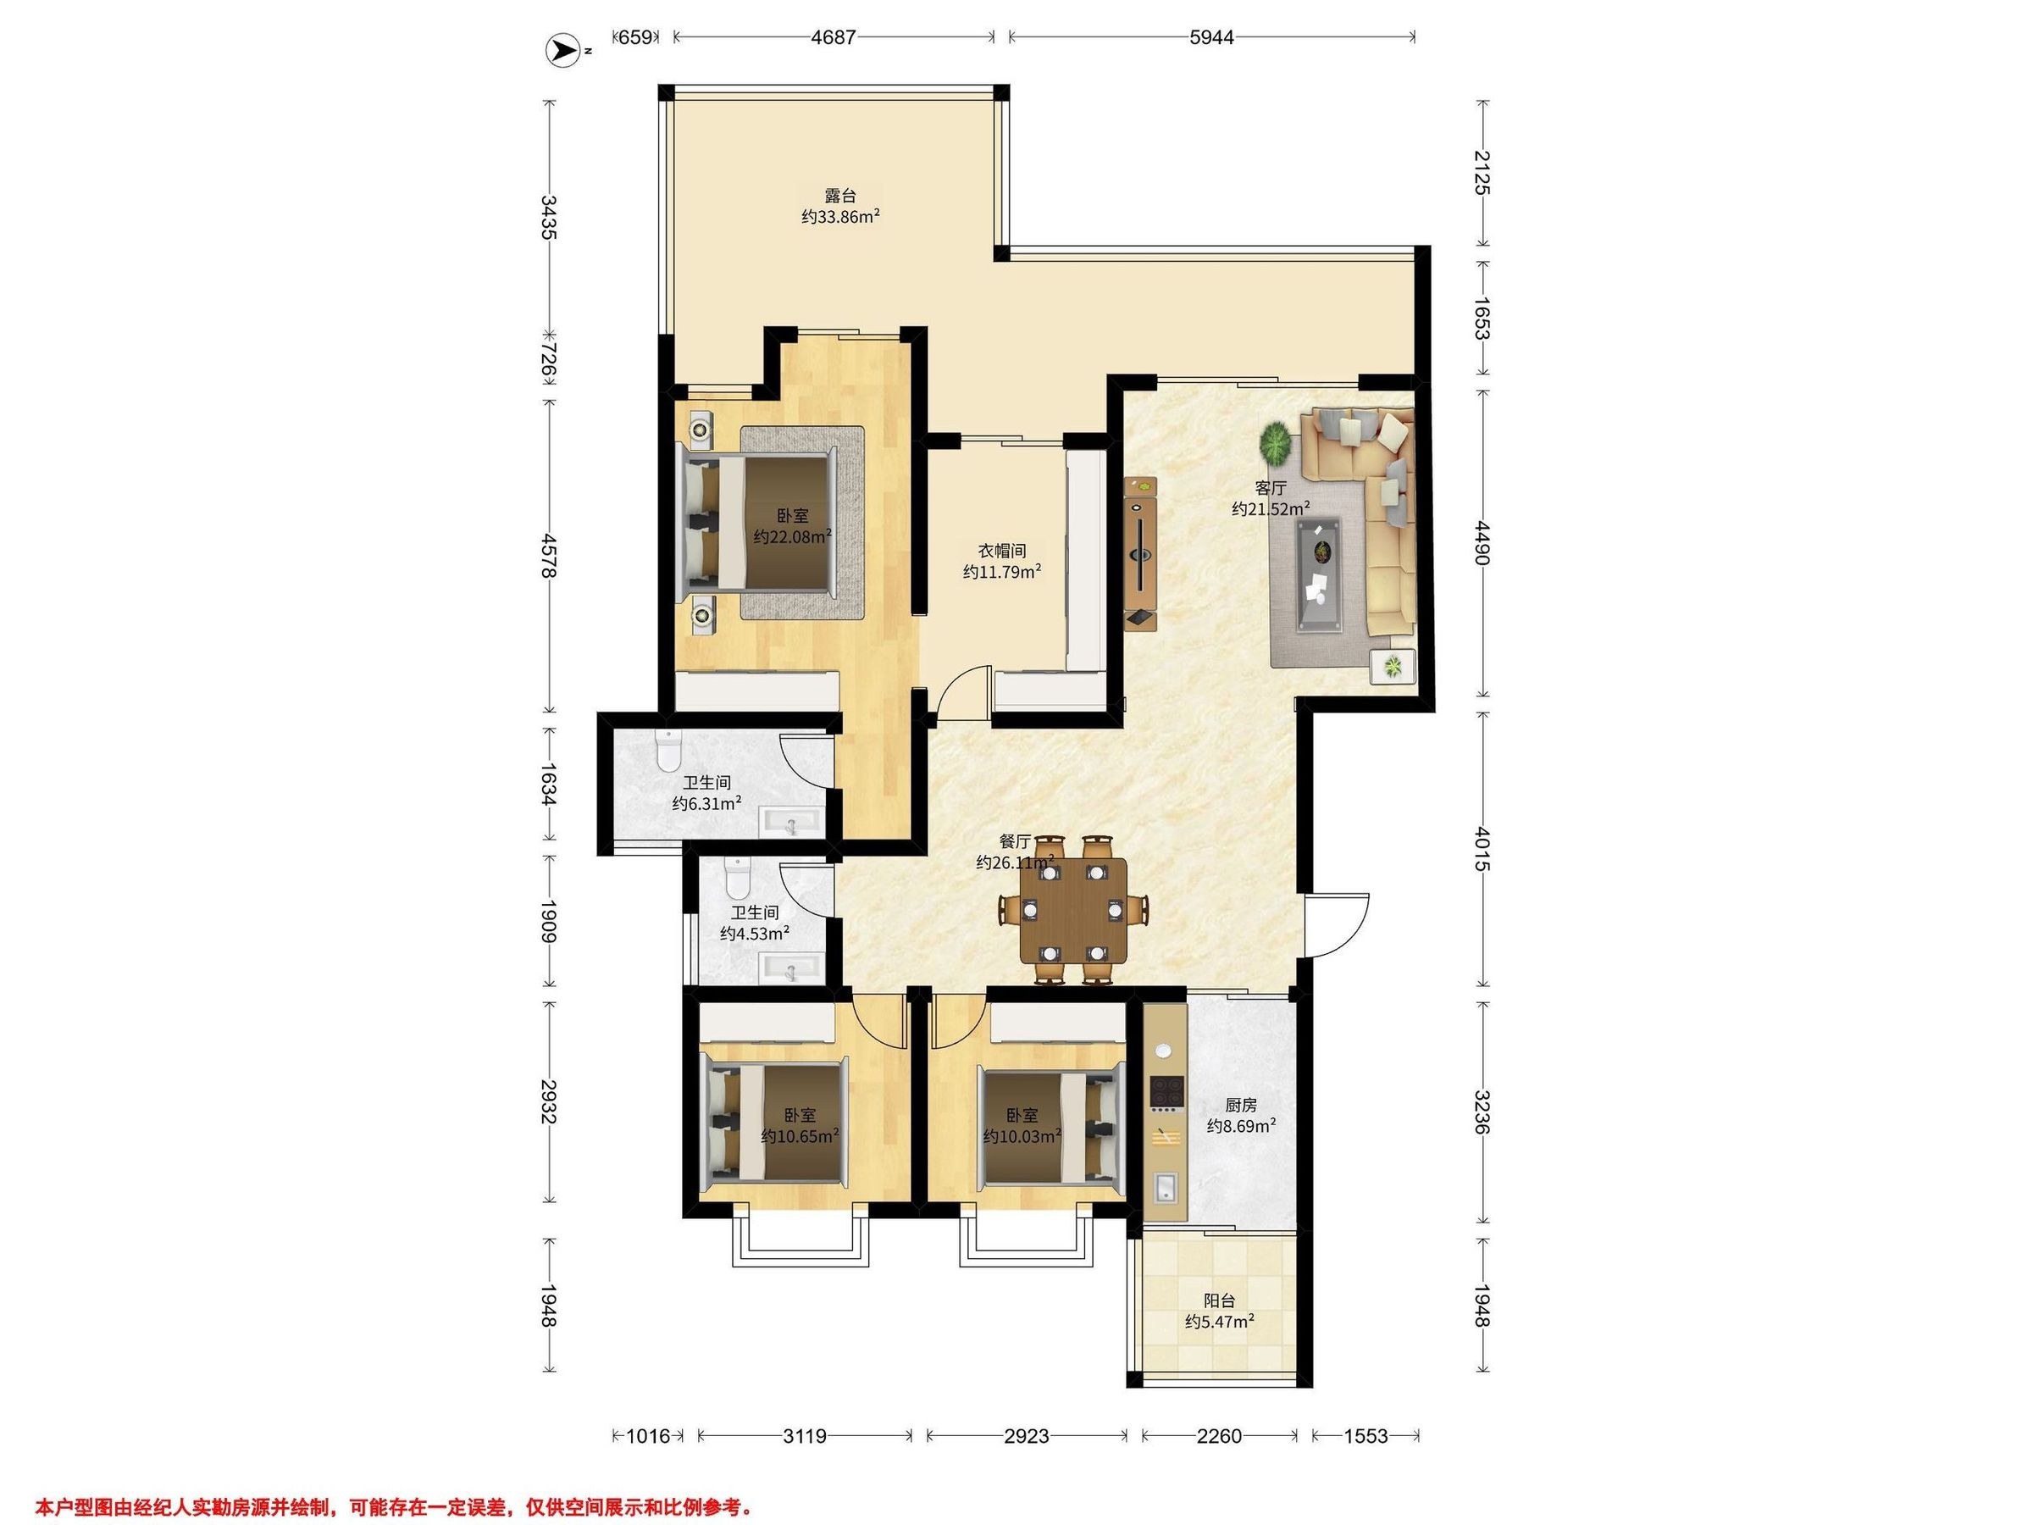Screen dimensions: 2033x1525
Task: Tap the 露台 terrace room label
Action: pos(840,196)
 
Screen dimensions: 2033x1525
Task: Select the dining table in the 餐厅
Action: pos(1073,910)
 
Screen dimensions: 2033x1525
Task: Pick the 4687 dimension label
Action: pos(834,36)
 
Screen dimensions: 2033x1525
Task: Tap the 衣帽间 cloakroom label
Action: pos(1002,551)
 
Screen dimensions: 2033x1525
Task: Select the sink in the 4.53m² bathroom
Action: pos(789,968)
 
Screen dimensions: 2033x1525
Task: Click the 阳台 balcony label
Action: pos(1220,1300)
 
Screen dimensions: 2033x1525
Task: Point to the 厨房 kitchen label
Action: pos(1241,1104)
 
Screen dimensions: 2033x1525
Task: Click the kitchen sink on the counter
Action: pos(1164,1189)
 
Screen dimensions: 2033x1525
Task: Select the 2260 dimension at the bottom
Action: pos(1219,1436)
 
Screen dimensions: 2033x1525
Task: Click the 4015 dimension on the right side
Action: pos(1481,848)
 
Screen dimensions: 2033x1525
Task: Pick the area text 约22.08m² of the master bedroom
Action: pos(793,536)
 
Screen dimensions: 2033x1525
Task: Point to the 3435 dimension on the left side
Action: pos(550,217)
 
